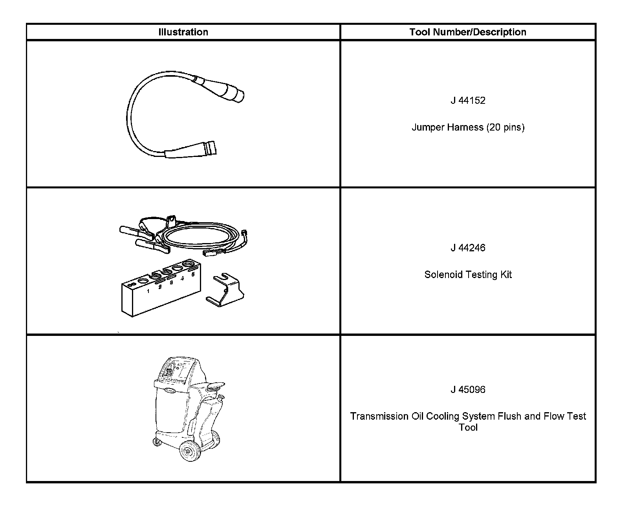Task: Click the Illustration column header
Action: [x=183, y=32]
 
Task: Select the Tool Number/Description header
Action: [x=467, y=32]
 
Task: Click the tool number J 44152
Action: [x=468, y=101]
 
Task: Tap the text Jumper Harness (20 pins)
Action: [x=468, y=127]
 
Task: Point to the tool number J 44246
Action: [x=468, y=248]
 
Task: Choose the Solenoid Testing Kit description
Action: [x=468, y=275]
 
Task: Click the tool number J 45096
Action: [x=468, y=390]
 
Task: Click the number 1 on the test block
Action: [x=148, y=291]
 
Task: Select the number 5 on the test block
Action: [x=193, y=275]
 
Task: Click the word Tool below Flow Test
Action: [x=468, y=428]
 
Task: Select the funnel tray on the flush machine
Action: [x=215, y=386]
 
